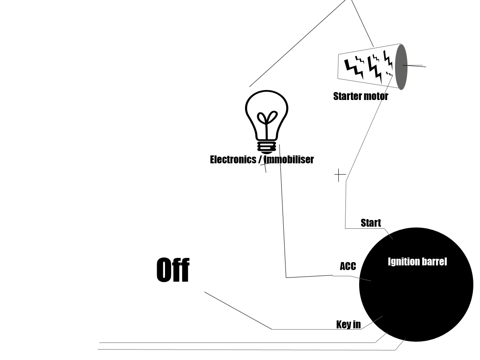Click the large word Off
click(x=173, y=270)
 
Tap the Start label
click(x=371, y=223)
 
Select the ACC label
click(x=348, y=266)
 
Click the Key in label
click(x=348, y=325)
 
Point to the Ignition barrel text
click(x=417, y=262)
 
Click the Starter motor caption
click(x=360, y=96)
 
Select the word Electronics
click(x=233, y=160)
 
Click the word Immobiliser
click(x=289, y=160)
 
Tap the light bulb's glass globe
click(x=267, y=115)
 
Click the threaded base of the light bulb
click(x=267, y=147)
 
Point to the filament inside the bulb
click(x=267, y=122)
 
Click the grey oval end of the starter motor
click(x=401, y=67)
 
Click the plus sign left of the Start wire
click(x=340, y=175)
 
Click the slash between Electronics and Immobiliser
click(x=260, y=160)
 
